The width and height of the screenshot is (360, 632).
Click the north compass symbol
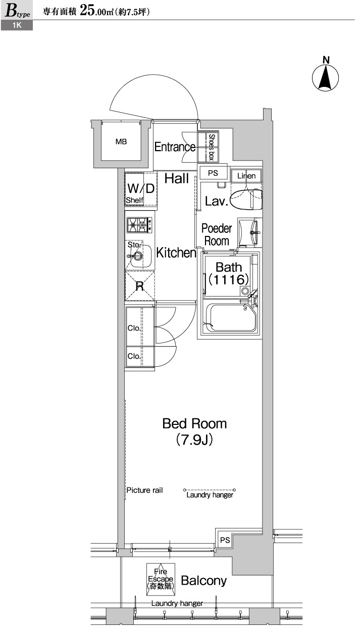326,77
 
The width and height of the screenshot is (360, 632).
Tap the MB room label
121,142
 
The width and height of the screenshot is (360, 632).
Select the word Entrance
175,147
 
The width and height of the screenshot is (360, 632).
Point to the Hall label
177,178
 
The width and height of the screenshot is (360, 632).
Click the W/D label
141,188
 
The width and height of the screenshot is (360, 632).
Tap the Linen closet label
247,176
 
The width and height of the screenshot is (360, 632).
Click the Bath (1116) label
229,273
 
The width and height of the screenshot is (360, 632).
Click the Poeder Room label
217,235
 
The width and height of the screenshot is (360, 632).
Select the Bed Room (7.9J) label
194,431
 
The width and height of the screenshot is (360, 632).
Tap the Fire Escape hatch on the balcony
161,578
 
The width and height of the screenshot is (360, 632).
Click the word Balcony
203,581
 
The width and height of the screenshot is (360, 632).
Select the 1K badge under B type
17,26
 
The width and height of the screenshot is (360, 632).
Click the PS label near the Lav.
213,172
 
